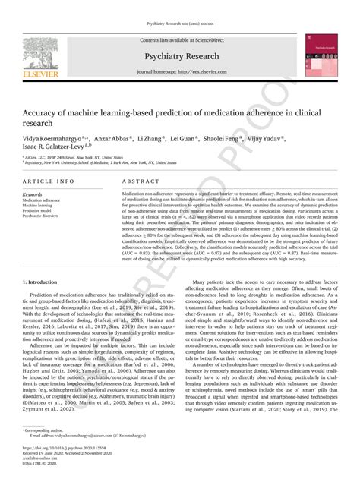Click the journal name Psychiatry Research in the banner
click(179, 56)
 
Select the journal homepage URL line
click(179, 71)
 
